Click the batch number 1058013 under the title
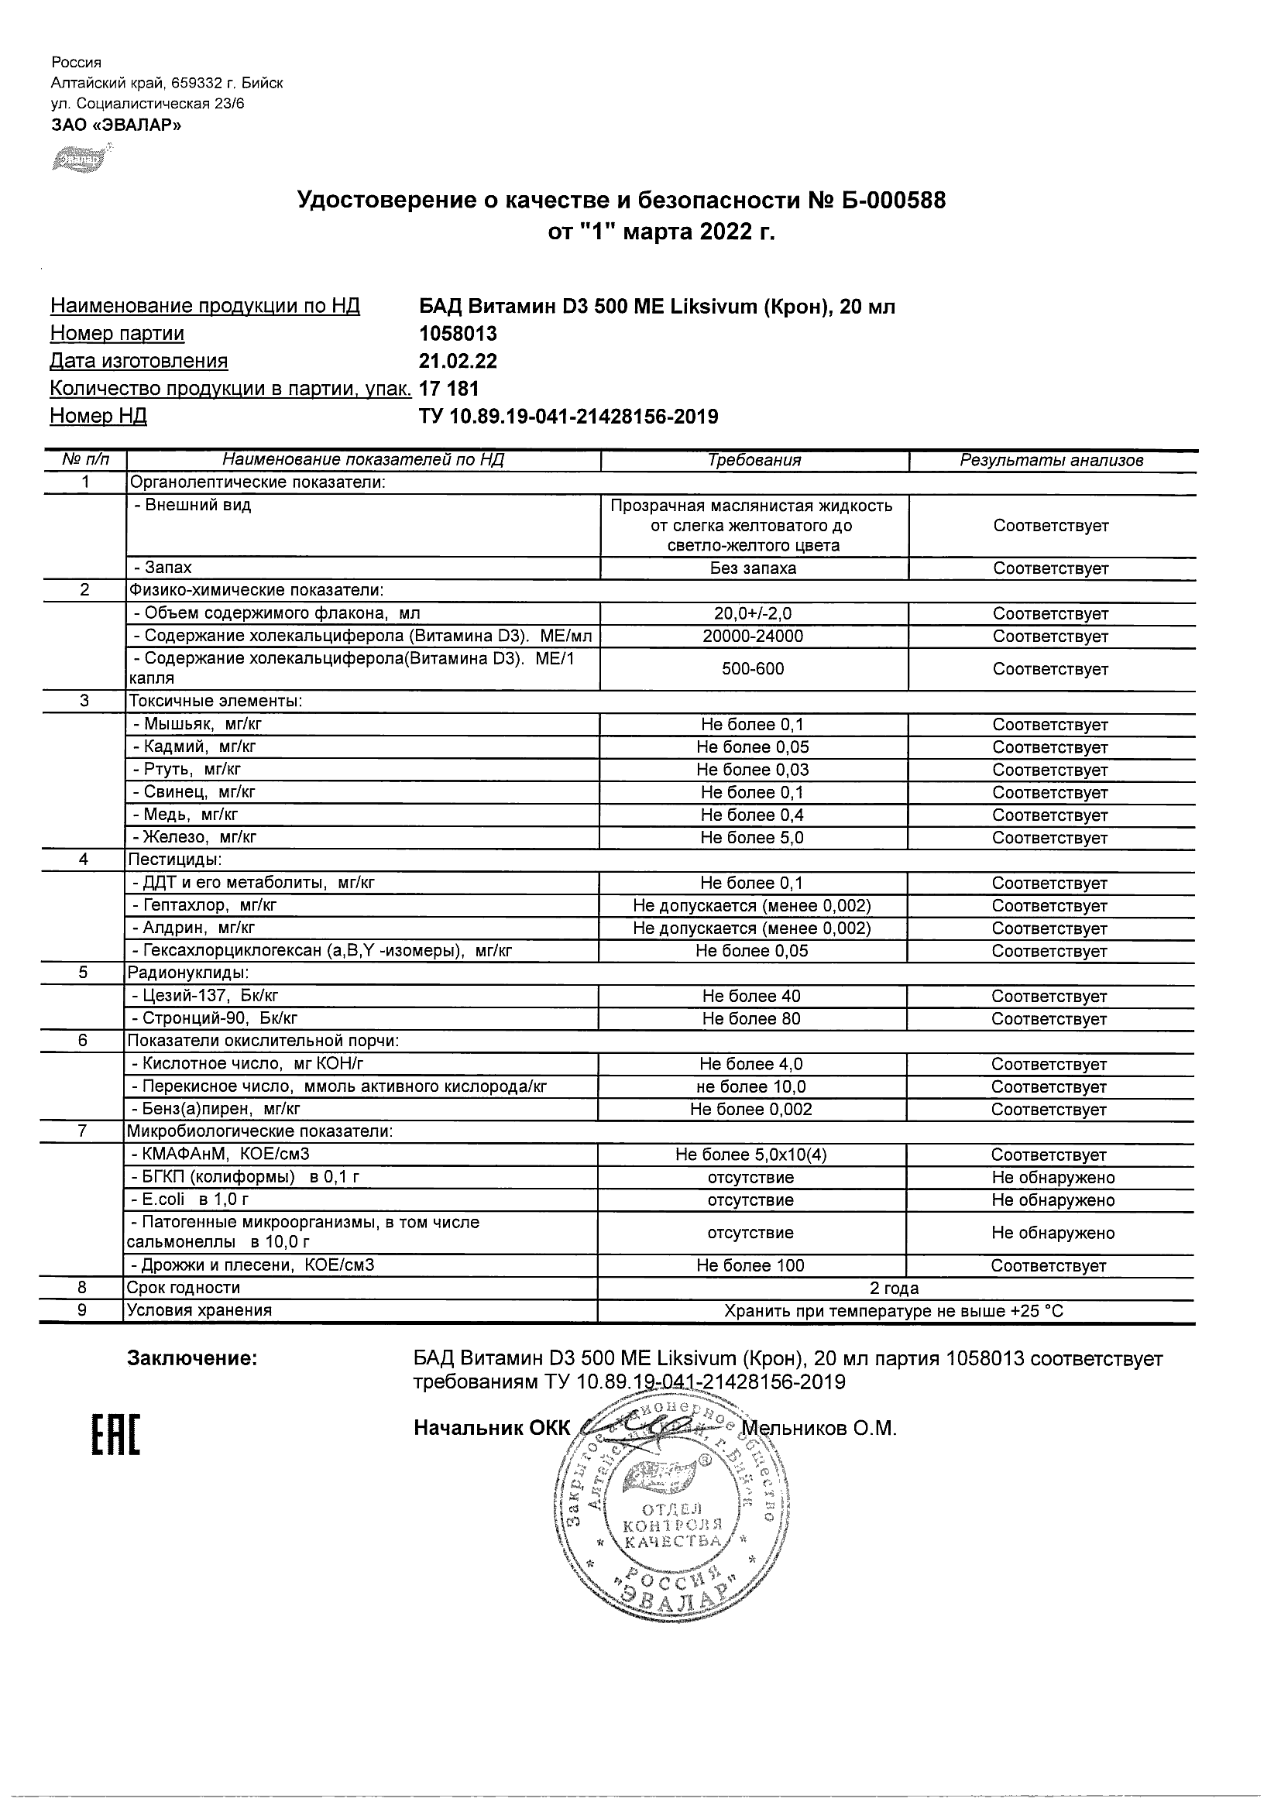coord(458,334)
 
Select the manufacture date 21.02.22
coord(458,362)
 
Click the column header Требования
coord(754,461)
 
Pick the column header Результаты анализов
coord(1051,461)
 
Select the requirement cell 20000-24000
coord(753,637)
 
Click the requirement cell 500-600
coord(753,669)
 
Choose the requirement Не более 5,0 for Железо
coord(752,838)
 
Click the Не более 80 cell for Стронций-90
coord(751,1019)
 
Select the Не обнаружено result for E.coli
coord(1053,1200)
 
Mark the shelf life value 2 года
coord(895,1288)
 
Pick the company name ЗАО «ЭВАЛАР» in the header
coord(116,125)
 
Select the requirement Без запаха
coord(753,568)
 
